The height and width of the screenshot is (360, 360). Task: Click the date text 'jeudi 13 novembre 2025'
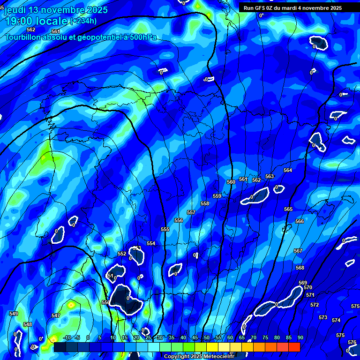point(56,10)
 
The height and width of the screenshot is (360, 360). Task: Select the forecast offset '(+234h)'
point(84,21)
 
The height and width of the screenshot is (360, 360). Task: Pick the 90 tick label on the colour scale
point(300,338)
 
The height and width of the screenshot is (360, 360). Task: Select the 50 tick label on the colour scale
point(206,338)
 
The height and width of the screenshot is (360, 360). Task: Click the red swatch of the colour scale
point(294,347)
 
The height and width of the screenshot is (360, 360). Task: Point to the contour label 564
point(288,170)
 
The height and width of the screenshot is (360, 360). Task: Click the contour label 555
point(165,229)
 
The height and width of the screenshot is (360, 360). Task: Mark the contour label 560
point(231,182)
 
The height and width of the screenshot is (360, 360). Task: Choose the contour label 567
point(298,251)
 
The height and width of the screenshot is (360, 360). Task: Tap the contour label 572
point(315,305)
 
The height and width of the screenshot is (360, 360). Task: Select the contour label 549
point(14,314)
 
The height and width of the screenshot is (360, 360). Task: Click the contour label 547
point(56,315)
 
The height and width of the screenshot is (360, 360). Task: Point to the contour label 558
point(205,203)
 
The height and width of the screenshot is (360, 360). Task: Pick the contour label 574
point(336,320)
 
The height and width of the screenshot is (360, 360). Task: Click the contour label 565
point(288,209)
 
